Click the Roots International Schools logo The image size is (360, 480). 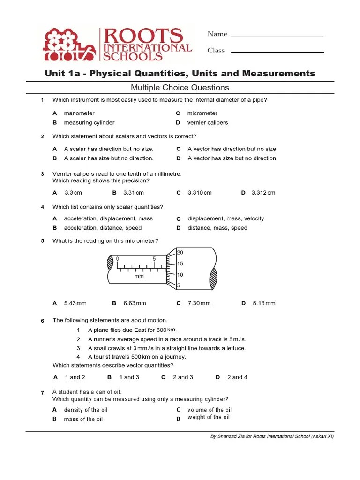117,45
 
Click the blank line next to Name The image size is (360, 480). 277,35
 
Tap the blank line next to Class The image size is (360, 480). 277,52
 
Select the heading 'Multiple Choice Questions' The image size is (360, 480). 180,88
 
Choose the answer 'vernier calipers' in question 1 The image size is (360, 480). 208,123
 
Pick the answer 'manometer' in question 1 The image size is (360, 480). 79,113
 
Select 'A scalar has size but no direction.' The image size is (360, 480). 109,158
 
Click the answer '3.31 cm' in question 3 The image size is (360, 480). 134,193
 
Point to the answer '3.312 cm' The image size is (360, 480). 263,193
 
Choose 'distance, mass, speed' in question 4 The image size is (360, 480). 217,228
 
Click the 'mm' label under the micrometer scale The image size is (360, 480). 139,277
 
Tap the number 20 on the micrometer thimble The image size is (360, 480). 180,253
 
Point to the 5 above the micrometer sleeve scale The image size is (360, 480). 154,259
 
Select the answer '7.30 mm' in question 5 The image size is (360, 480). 199,303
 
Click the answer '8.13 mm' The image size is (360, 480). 264,303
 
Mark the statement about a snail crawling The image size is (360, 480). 167,348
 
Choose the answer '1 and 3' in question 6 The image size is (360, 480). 129,377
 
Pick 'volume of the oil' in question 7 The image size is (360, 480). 210,410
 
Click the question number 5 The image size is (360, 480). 42,241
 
